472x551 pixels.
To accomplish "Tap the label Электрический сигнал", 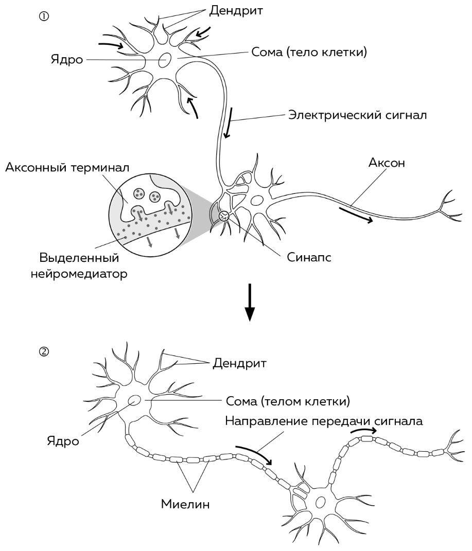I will [x=357, y=114].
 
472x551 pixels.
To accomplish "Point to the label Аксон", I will [x=386, y=163].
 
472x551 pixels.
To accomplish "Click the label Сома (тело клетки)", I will [x=309, y=52].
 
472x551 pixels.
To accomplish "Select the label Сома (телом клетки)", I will [x=288, y=400].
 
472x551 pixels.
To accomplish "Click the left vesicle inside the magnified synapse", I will [x=138, y=193].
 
